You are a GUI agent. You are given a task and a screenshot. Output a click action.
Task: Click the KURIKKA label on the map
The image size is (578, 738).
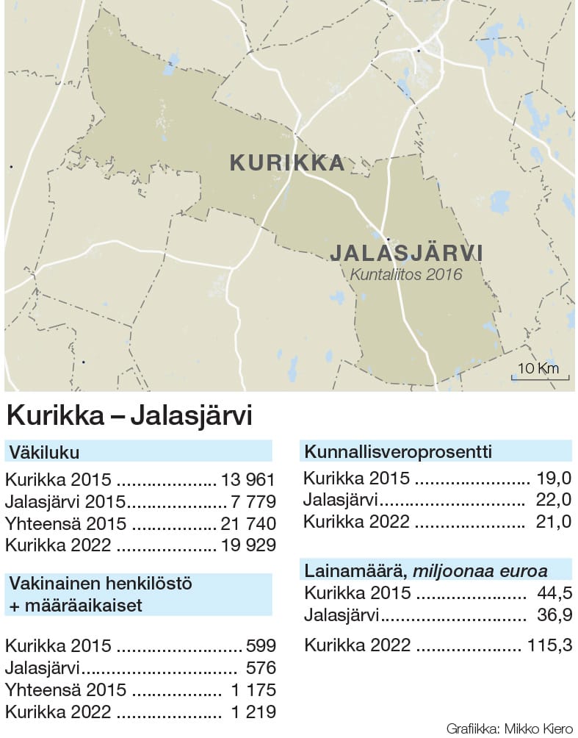coord(287,162)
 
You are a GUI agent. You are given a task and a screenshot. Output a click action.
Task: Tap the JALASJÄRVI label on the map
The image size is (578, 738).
coord(406,253)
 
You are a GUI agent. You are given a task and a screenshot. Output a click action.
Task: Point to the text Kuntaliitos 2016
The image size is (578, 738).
coord(406,275)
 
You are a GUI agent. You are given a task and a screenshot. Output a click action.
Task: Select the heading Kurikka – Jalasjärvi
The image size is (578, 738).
coord(129,416)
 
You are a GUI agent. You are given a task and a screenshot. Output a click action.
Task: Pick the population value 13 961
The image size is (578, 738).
coord(248,481)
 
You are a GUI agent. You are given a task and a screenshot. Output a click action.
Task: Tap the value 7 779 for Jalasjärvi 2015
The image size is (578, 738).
coord(253,503)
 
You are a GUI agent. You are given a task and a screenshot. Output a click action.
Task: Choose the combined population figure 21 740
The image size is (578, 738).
coord(248,524)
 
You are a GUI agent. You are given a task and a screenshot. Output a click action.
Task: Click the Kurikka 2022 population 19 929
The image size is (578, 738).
coord(248,545)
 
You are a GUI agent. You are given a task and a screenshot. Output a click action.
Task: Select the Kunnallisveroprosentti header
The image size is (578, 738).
coord(397,451)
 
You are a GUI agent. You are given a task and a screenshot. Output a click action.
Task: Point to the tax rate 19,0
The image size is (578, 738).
coord(554,479)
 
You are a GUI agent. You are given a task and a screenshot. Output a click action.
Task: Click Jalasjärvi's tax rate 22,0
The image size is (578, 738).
coord(554,501)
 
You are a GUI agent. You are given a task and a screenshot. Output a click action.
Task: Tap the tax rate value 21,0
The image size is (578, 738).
coord(554,522)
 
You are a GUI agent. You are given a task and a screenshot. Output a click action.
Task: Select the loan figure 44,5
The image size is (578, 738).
coord(554,593)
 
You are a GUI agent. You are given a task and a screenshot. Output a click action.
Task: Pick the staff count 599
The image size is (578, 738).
coord(261,646)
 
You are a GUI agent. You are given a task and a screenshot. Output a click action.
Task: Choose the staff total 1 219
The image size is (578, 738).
coord(253,712)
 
